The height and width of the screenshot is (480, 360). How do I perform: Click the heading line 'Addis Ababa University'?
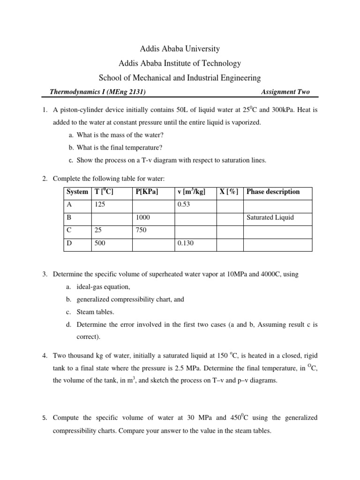(x=180, y=49)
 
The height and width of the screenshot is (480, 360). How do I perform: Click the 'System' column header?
(x=77, y=192)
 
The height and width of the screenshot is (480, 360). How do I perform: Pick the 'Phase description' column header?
(x=273, y=192)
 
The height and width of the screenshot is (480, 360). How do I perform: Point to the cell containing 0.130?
(x=185, y=244)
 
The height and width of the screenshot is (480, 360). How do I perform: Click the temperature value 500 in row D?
(x=100, y=244)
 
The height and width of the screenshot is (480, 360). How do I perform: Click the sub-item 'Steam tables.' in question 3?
(x=96, y=311)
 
